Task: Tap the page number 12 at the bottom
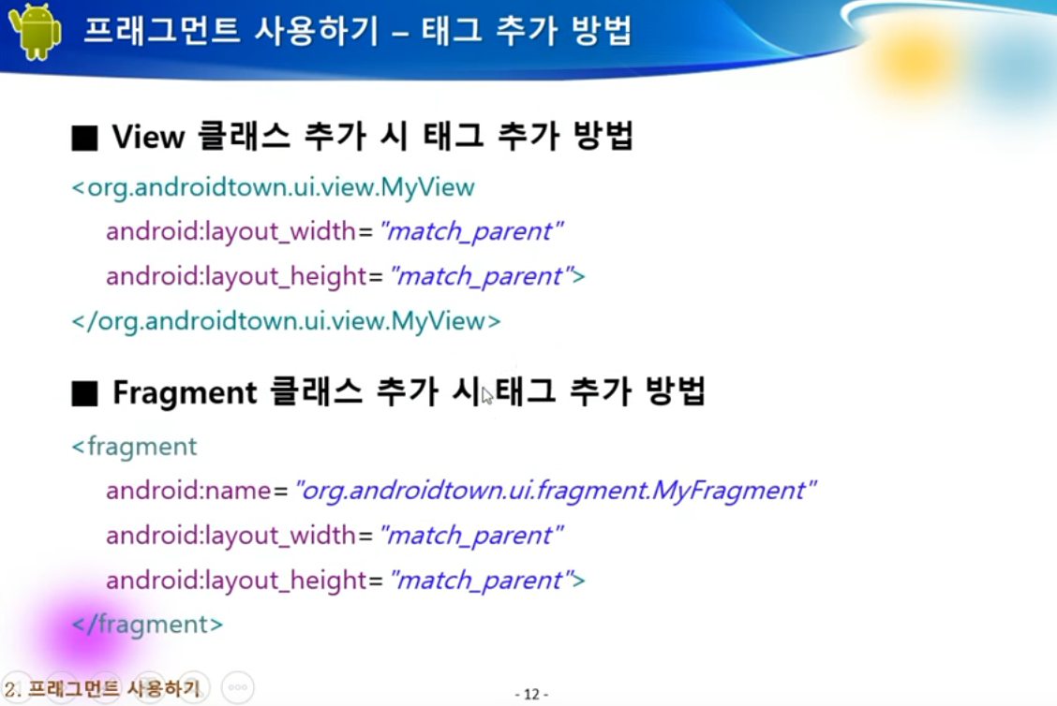pyautogui.click(x=532, y=694)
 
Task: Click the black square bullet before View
pyautogui.click(x=85, y=138)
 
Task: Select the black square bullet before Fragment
pyautogui.click(x=85, y=393)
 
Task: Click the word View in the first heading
pyautogui.click(x=148, y=137)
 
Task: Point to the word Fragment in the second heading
pyautogui.click(x=184, y=393)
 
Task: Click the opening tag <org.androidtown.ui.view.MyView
pyautogui.click(x=273, y=187)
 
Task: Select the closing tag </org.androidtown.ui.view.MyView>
pyautogui.click(x=286, y=321)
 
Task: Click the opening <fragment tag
pyautogui.click(x=134, y=447)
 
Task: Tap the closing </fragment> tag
pyautogui.click(x=147, y=625)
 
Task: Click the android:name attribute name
pyautogui.click(x=188, y=491)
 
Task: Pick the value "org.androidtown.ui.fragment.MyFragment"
pyautogui.click(x=556, y=491)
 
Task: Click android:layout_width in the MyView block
pyautogui.click(x=231, y=231)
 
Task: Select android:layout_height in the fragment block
pyautogui.click(x=236, y=581)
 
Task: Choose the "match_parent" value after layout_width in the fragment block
pyautogui.click(x=471, y=537)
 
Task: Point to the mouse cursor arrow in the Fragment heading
pyautogui.click(x=487, y=395)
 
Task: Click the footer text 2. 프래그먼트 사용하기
pyautogui.click(x=102, y=688)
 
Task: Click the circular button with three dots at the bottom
pyautogui.click(x=238, y=688)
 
